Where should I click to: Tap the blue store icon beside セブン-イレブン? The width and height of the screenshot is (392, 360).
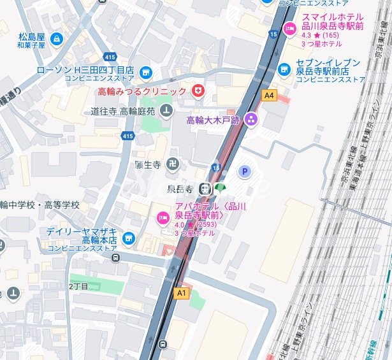tap(285, 68)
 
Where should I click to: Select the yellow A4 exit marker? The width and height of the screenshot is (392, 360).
tap(270, 95)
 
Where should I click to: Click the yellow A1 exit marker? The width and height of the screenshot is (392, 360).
tap(182, 292)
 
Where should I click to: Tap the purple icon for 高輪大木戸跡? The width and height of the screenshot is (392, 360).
tap(252, 119)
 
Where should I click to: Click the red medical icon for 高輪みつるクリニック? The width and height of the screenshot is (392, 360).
tap(198, 92)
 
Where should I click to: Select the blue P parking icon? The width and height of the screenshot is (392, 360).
tap(243, 171)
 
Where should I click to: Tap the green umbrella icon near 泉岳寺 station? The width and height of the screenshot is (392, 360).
tap(220, 188)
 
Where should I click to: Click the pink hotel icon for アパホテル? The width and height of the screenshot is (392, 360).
tap(163, 219)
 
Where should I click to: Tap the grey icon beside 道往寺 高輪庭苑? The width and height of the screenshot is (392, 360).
tap(166, 111)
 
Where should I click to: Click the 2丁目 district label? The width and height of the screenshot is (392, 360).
tap(78, 287)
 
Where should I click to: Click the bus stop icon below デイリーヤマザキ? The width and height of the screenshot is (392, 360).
tap(115, 257)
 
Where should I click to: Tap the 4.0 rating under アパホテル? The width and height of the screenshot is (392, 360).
tap(179, 225)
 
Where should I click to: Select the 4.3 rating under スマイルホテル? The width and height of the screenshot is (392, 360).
tap(307, 36)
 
